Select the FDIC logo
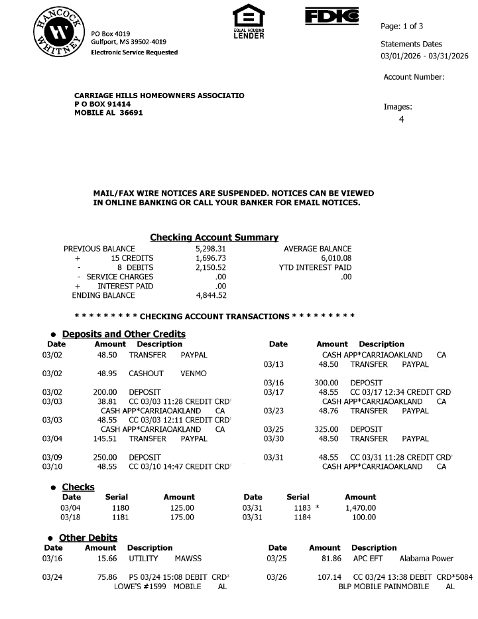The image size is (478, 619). pos(331,16)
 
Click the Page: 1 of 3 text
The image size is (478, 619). pos(402,27)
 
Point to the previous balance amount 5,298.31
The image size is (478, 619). pos(211,249)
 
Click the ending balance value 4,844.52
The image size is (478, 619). pos(211,295)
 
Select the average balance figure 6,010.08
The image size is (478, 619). pos(335,258)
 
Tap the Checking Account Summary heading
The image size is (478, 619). pos(214,238)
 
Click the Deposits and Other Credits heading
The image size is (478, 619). pos(123,334)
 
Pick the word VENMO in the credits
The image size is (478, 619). pos(194,374)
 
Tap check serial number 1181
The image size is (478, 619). pos(121,517)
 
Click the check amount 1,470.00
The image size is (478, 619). pos(360,508)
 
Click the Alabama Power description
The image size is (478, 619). pos(426,559)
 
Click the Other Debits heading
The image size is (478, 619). pos(88,537)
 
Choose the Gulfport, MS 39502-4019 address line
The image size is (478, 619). pos(129,42)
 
